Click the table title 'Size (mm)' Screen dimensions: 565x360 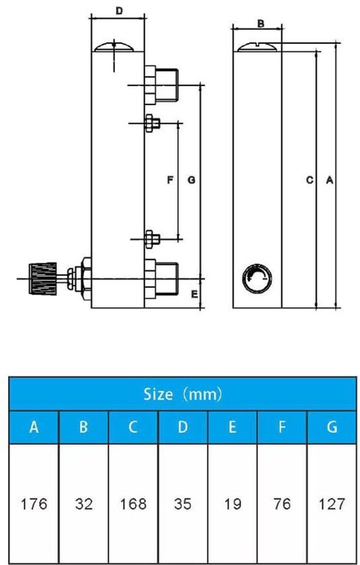pos(182,393)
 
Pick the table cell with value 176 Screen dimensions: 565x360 pos(34,504)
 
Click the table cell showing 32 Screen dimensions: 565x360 pos(83,504)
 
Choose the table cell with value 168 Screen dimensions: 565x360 pos(133,504)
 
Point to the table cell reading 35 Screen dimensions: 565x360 pos(182,504)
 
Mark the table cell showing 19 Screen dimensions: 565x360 pos(232,504)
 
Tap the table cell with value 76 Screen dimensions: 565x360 pos(282,504)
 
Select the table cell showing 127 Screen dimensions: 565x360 pos(331,504)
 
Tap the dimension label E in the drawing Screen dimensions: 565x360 pos(193,295)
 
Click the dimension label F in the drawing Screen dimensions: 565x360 pos(170,180)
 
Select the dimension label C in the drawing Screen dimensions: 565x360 pos(309,180)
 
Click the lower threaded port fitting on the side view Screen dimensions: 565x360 pos(159,278)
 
